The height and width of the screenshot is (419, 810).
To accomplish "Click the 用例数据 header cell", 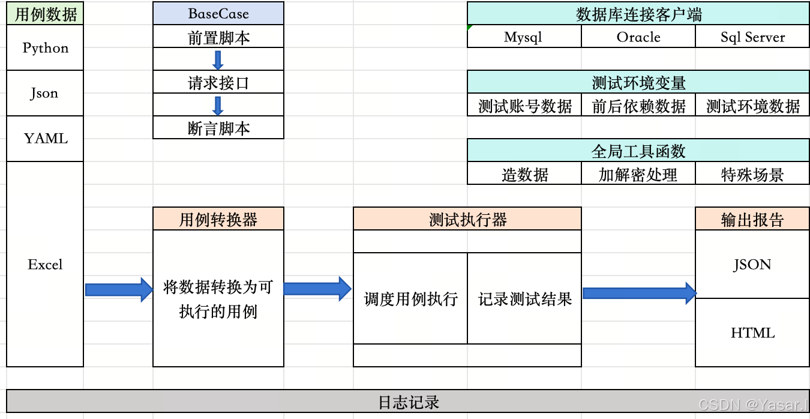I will pyautogui.click(x=45, y=14).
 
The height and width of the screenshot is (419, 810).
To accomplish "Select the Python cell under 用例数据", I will pyautogui.click(x=45, y=48).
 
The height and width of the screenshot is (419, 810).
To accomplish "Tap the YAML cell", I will pyautogui.click(x=45, y=139).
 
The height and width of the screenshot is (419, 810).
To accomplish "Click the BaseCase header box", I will pyautogui.click(x=218, y=14).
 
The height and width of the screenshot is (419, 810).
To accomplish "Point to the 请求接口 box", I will pyautogui.click(x=218, y=82).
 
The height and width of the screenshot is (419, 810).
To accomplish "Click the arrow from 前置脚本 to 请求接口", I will pyautogui.click(x=218, y=59).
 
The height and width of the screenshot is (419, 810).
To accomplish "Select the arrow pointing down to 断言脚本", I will pyautogui.click(x=218, y=105).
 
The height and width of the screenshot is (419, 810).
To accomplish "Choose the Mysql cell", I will pyautogui.click(x=523, y=37).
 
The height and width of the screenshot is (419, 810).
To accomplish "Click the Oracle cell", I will pyautogui.click(x=638, y=37).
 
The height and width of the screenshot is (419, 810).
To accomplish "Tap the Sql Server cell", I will pyautogui.click(x=752, y=37).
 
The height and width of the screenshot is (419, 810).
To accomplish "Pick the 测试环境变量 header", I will pyautogui.click(x=638, y=82).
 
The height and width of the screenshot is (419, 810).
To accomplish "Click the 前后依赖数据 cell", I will pyautogui.click(x=638, y=106).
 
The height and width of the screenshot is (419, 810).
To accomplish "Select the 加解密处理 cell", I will pyautogui.click(x=638, y=175).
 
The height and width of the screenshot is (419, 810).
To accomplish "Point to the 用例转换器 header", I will pyautogui.click(x=218, y=219).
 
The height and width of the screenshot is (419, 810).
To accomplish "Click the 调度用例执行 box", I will pyautogui.click(x=410, y=298).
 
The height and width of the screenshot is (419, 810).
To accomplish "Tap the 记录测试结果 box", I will pyautogui.click(x=524, y=298).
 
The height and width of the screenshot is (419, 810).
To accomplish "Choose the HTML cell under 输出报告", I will pyautogui.click(x=752, y=333).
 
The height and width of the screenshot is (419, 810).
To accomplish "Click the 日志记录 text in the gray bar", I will pyautogui.click(x=408, y=402).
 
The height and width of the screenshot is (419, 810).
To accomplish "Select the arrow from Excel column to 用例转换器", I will pyautogui.click(x=119, y=290).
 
